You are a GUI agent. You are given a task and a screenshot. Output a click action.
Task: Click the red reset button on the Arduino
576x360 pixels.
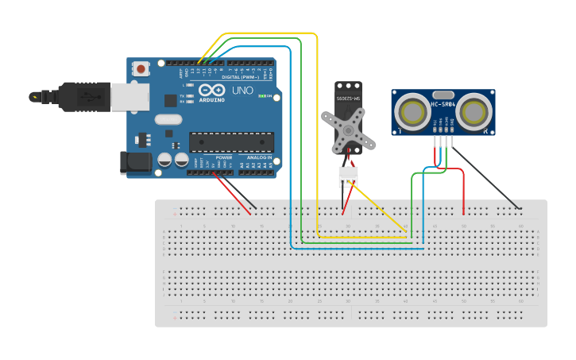click(x=141, y=69)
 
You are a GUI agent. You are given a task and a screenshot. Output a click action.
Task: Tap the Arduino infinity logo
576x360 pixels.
click(x=211, y=91)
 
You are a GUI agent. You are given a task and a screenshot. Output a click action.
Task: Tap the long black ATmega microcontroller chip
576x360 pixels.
click(x=230, y=142)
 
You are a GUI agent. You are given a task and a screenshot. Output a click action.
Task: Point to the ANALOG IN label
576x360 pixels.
click(x=259, y=157)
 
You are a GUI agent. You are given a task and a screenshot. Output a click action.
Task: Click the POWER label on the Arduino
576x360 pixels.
click(x=224, y=157)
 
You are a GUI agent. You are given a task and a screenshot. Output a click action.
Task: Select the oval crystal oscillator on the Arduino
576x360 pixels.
click(x=168, y=120)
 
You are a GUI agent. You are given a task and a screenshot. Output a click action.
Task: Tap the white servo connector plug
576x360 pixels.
click(x=348, y=176)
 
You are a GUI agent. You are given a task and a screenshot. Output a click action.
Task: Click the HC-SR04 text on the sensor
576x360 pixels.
click(x=443, y=104)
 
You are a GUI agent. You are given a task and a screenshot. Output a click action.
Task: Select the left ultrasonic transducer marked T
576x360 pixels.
click(x=413, y=112)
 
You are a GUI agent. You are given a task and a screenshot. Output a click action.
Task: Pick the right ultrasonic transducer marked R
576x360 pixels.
click(x=474, y=112)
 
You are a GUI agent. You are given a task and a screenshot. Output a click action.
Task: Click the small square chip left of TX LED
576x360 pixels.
click(x=170, y=100)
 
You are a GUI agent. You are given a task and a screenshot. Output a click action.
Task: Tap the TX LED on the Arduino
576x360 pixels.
click(x=189, y=96)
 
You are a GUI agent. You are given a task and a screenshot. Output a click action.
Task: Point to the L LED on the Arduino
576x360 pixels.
click(x=189, y=84)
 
